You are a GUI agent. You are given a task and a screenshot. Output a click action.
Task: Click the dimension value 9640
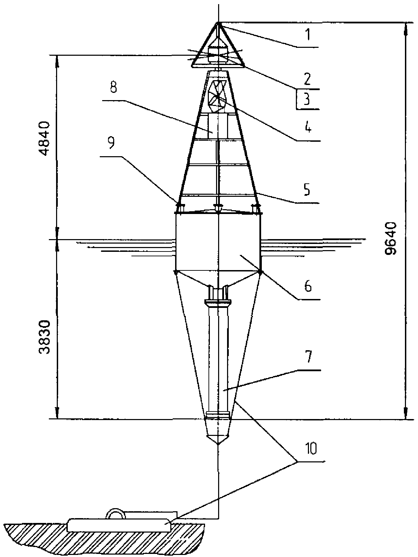(x=390, y=238)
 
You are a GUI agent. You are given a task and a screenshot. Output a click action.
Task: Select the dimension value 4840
(x=45, y=139)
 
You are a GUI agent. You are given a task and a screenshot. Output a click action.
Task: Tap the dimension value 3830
(x=45, y=337)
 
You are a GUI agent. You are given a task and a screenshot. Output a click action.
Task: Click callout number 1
(x=308, y=35)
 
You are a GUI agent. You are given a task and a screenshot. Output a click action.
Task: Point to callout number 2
(x=307, y=78)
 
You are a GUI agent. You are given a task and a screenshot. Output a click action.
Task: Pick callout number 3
(x=307, y=99)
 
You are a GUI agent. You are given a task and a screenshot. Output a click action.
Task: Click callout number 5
(x=307, y=189)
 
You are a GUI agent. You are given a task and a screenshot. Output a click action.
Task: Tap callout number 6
(x=308, y=286)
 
